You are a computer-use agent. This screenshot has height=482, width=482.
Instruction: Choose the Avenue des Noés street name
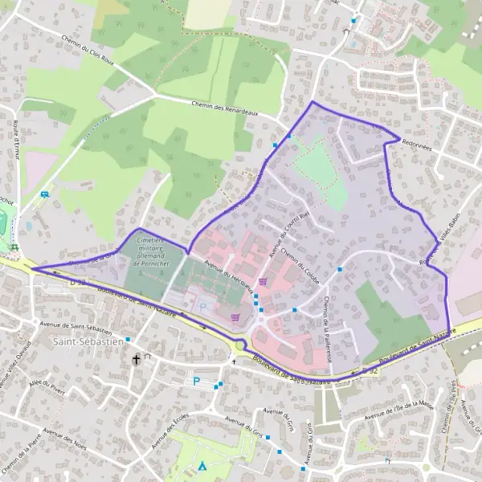pos(65,437)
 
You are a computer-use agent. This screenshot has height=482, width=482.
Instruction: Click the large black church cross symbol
pos(137,359)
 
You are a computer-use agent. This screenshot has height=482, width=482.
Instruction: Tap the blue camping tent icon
pos(202,465)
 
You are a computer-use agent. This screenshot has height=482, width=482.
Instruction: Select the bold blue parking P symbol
pos(195,381)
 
